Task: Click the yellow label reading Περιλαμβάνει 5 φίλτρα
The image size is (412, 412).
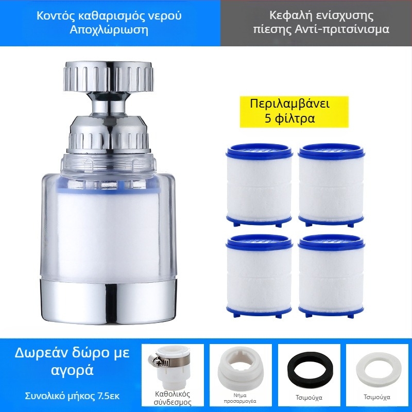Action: coord(294,112)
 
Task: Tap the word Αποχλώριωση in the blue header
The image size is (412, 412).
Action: coord(109,30)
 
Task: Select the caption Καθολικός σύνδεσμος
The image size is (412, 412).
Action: coord(172,398)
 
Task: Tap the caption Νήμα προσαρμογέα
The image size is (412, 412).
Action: coord(240,398)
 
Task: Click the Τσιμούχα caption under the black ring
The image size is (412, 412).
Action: coord(308,398)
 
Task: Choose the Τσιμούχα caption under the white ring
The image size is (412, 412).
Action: coord(377,397)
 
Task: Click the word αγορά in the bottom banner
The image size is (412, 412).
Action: coord(72,370)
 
